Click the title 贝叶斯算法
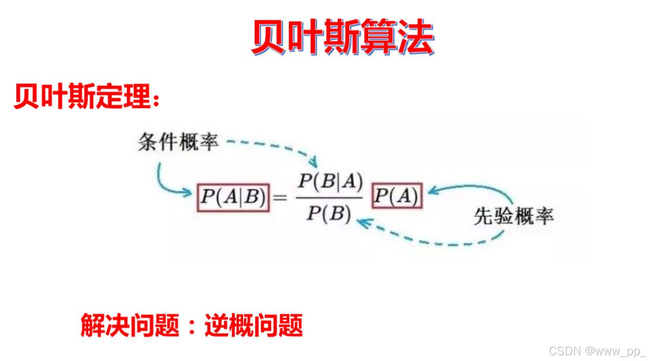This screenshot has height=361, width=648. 342,37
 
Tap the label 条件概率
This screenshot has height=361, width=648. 178,142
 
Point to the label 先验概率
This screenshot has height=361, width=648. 514,216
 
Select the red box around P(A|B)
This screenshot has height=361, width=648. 233,198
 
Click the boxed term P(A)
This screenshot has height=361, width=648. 397,198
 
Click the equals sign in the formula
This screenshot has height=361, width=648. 281,198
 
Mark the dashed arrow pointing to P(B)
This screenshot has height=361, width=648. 431,239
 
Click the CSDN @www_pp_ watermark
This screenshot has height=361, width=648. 597,350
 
